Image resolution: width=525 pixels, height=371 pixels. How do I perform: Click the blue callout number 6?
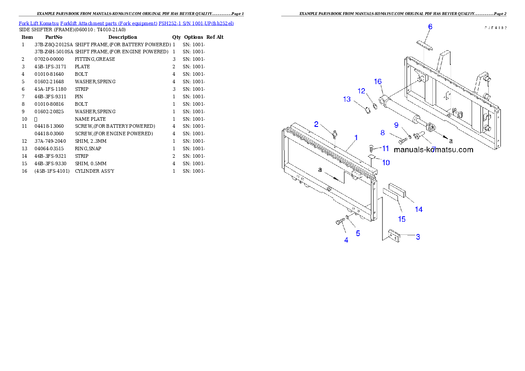(430, 27)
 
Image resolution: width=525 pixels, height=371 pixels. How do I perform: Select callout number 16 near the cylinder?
(378, 82)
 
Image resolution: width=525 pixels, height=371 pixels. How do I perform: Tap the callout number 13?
(347, 100)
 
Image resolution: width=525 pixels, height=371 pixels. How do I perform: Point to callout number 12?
(362, 91)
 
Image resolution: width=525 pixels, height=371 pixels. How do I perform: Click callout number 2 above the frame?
(316, 124)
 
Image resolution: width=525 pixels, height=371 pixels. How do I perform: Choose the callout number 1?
(356, 137)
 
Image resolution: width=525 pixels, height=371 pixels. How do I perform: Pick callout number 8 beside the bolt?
(382, 133)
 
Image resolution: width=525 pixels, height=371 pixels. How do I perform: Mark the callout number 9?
(396, 125)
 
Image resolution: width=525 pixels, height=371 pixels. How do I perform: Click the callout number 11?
(386, 148)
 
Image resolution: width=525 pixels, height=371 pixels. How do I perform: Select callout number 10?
(386, 163)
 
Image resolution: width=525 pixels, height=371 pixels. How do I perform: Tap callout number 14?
(419, 210)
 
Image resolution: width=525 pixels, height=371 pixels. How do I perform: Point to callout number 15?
(402, 219)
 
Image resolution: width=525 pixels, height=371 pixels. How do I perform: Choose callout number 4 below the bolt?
(346, 240)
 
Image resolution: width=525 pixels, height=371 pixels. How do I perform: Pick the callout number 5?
(358, 234)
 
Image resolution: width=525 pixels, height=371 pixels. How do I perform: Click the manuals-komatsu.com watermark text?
(433, 150)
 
